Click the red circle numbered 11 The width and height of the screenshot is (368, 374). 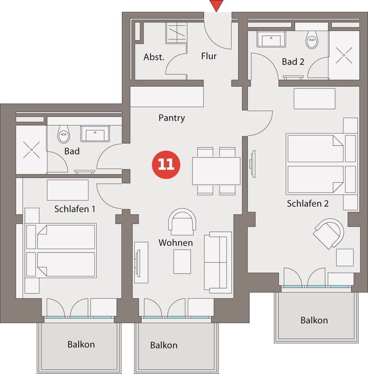[166, 164]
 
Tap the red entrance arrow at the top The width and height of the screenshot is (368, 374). [217, 5]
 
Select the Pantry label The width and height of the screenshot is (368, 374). [171, 118]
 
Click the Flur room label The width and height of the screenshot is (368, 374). [209, 56]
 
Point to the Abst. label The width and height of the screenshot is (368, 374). [154, 57]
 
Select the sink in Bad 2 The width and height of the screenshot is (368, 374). [271, 39]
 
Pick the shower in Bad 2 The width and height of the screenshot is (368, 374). [344, 55]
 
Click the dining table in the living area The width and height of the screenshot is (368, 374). [216, 171]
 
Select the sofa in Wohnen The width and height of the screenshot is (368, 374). [218, 262]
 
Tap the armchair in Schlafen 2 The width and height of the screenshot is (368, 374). [329, 233]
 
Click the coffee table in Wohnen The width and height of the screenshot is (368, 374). [182, 261]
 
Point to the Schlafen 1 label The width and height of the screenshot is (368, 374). [75, 209]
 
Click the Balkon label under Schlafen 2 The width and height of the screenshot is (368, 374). [314, 320]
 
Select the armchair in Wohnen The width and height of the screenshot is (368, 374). [182, 221]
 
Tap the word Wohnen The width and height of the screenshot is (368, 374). [176, 243]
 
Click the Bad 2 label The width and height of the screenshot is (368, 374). [293, 61]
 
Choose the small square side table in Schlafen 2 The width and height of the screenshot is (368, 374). [345, 257]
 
